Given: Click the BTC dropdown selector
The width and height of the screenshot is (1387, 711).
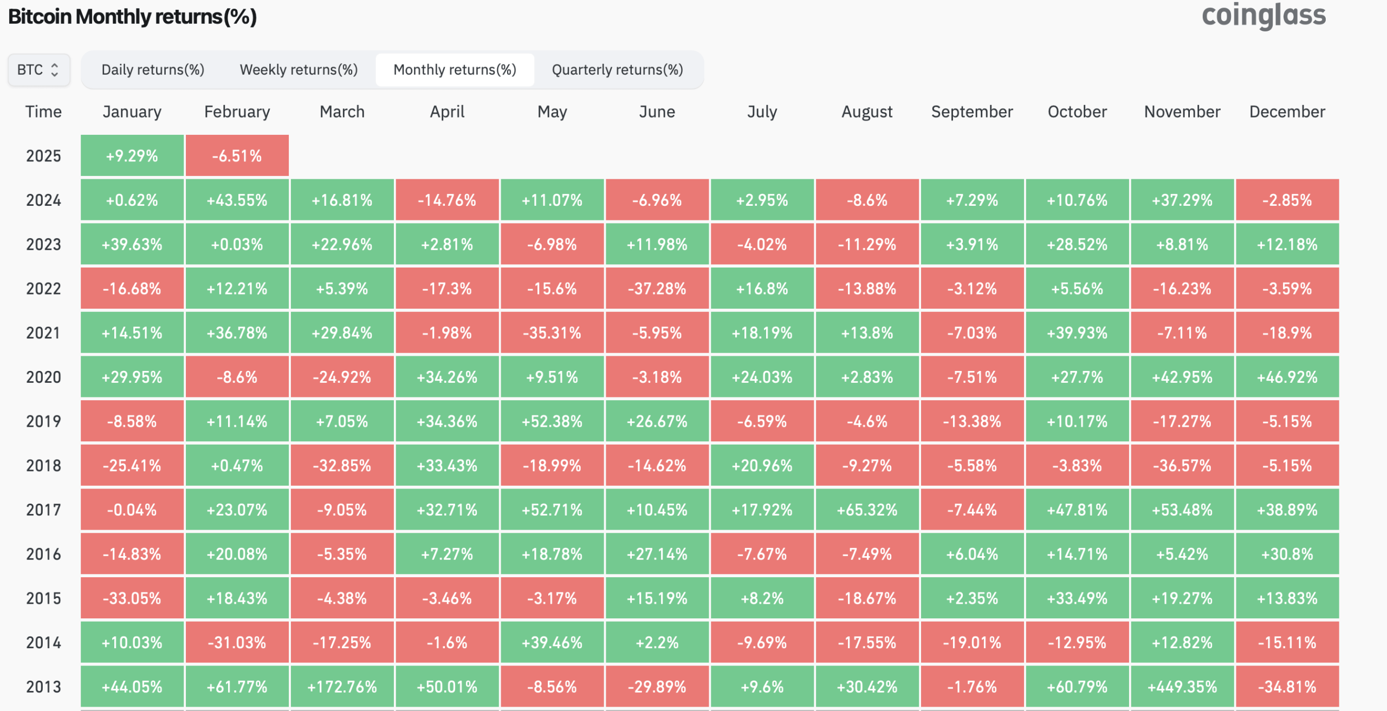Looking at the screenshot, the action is tap(39, 70).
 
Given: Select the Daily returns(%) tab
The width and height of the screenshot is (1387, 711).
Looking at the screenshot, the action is tap(153, 70).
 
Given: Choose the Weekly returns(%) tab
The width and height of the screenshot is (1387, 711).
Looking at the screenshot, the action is tap(299, 70).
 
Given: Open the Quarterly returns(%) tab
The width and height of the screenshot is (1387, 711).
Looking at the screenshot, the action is tap(617, 70).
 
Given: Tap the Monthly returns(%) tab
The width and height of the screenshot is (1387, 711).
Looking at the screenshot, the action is tap(455, 70).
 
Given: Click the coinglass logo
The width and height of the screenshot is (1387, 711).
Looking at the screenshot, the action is tap(1263, 16).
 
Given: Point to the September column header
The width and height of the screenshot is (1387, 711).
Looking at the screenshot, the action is tap(972, 112).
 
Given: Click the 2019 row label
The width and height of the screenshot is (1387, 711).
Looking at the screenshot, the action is tap(44, 421).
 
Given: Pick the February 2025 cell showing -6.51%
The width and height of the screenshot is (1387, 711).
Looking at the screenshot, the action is tap(237, 156).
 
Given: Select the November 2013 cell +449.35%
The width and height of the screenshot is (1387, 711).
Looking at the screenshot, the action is tap(1182, 687).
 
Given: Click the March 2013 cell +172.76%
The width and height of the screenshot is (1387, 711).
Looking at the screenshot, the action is tap(342, 687).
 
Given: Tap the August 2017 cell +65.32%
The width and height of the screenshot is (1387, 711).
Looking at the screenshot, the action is tap(867, 510).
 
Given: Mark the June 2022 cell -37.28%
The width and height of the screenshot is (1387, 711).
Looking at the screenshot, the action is tap(657, 289).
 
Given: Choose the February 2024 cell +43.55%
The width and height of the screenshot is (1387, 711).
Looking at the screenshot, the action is tap(237, 200).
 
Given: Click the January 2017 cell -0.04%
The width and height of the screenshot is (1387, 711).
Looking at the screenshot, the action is tap(132, 510).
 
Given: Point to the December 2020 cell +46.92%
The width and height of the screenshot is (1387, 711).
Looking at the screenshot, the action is tap(1287, 377).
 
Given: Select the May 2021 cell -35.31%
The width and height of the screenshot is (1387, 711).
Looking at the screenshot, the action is tap(552, 333).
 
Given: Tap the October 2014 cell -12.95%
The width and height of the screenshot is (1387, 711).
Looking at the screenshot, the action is tap(1077, 643).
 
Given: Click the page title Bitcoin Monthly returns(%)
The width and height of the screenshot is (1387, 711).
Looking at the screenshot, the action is tap(132, 17).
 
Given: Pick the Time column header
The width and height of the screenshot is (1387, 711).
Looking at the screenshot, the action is tap(43, 112).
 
